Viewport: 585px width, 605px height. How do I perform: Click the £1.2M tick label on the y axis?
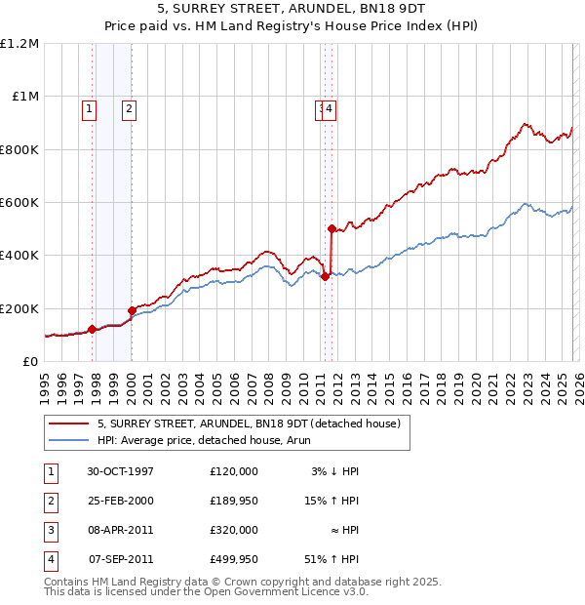[19, 44]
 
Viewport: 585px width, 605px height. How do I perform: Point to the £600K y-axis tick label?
[19, 203]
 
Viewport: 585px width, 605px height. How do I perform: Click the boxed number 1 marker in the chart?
[90, 109]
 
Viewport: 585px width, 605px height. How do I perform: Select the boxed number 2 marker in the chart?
[129, 109]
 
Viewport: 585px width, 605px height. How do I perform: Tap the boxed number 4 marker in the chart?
[331, 109]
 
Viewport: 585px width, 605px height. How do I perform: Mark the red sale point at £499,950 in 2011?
[332, 229]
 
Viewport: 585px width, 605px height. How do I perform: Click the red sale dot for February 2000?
[132, 310]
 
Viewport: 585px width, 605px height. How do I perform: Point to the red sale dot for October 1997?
[93, 329]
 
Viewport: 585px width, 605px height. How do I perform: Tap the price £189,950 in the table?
[233, 501]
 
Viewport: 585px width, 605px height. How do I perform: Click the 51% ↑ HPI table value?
[331, 559]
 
